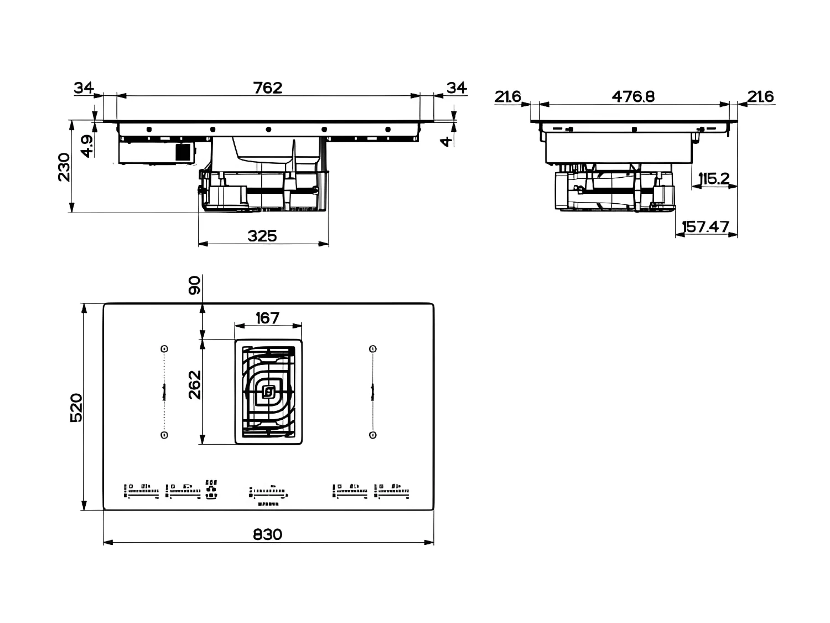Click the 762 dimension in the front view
point(268,87)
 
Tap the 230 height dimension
point(64,167)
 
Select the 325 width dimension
point(262,236)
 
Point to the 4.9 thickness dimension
point(87,146)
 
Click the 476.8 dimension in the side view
point(633,96)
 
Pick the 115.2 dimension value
point(713,179)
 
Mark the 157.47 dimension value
point(705,227)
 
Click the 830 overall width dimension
point(268,534)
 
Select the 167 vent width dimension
point(268,318)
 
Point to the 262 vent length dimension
point(195,384)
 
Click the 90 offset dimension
point(195,286)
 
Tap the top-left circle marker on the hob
point(164,349)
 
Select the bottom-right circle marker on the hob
point(372,435)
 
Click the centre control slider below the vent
point(268,491)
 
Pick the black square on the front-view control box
point(183,152)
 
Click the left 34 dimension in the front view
point(84,87)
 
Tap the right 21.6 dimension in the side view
point(760,96)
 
